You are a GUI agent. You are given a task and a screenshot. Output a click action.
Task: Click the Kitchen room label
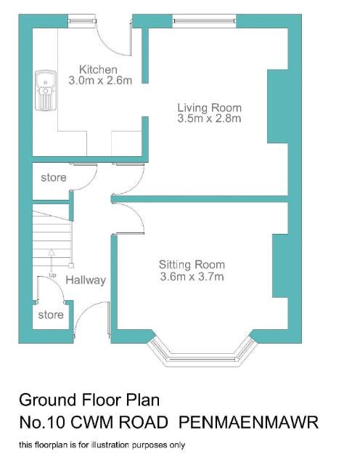point(99,70)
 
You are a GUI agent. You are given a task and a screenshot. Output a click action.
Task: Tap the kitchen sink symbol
point(46,90)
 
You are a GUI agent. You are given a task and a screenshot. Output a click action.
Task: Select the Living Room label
point(210,108)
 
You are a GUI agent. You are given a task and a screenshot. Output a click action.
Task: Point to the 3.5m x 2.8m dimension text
point(210,118)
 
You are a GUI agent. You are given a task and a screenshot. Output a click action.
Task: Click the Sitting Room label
point(192,264)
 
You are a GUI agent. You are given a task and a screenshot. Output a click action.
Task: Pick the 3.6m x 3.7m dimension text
point(192,277)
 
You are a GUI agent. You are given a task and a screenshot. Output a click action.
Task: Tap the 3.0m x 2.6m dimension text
point(100,81)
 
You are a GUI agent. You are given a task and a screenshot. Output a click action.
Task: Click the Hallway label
point(86,280)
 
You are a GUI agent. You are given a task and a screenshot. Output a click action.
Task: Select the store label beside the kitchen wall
point(53,177)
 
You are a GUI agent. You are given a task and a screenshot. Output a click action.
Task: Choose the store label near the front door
point(51,315)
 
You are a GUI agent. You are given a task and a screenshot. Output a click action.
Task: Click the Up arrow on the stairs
point(52,261)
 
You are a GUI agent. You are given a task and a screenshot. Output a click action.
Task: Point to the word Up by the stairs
point(52,275)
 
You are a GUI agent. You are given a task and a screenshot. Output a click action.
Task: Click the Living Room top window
point(204,21)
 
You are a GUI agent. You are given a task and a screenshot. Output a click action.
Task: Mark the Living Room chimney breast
point(277,106)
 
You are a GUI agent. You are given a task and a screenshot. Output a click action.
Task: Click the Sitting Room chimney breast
point(280,266)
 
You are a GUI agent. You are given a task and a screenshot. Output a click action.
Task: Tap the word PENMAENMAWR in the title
point(248,422)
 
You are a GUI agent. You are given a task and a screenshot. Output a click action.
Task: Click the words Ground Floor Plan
point(89,400)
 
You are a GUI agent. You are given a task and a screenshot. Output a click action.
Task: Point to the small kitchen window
point(82,21)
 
